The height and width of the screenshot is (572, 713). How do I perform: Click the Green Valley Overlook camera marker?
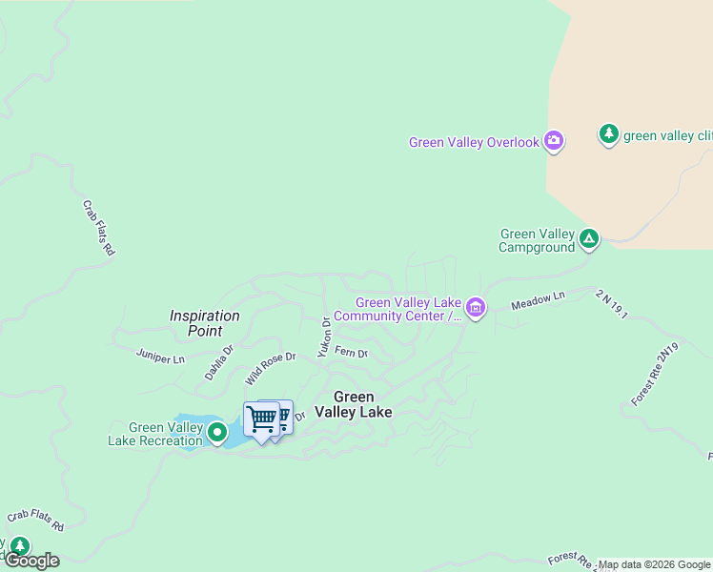point(554,142)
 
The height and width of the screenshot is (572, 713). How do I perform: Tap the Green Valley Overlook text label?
point(475,143)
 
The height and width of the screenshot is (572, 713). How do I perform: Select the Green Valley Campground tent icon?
point(589,238)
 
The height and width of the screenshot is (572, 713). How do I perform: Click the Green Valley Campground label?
point(538,240)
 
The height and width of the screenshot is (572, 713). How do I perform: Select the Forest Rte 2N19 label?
point(656,374)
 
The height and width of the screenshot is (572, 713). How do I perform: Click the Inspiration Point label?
point(204,323)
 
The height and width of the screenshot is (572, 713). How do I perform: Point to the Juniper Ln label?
point(160,358)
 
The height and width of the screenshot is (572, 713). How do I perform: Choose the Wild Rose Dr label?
point(270,368)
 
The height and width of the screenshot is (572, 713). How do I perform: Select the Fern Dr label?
point(351,352)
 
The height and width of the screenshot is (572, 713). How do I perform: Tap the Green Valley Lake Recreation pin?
point(218,434)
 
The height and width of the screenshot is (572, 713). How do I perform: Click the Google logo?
point(31,561)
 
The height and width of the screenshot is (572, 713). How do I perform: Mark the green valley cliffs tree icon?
point(609,133)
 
